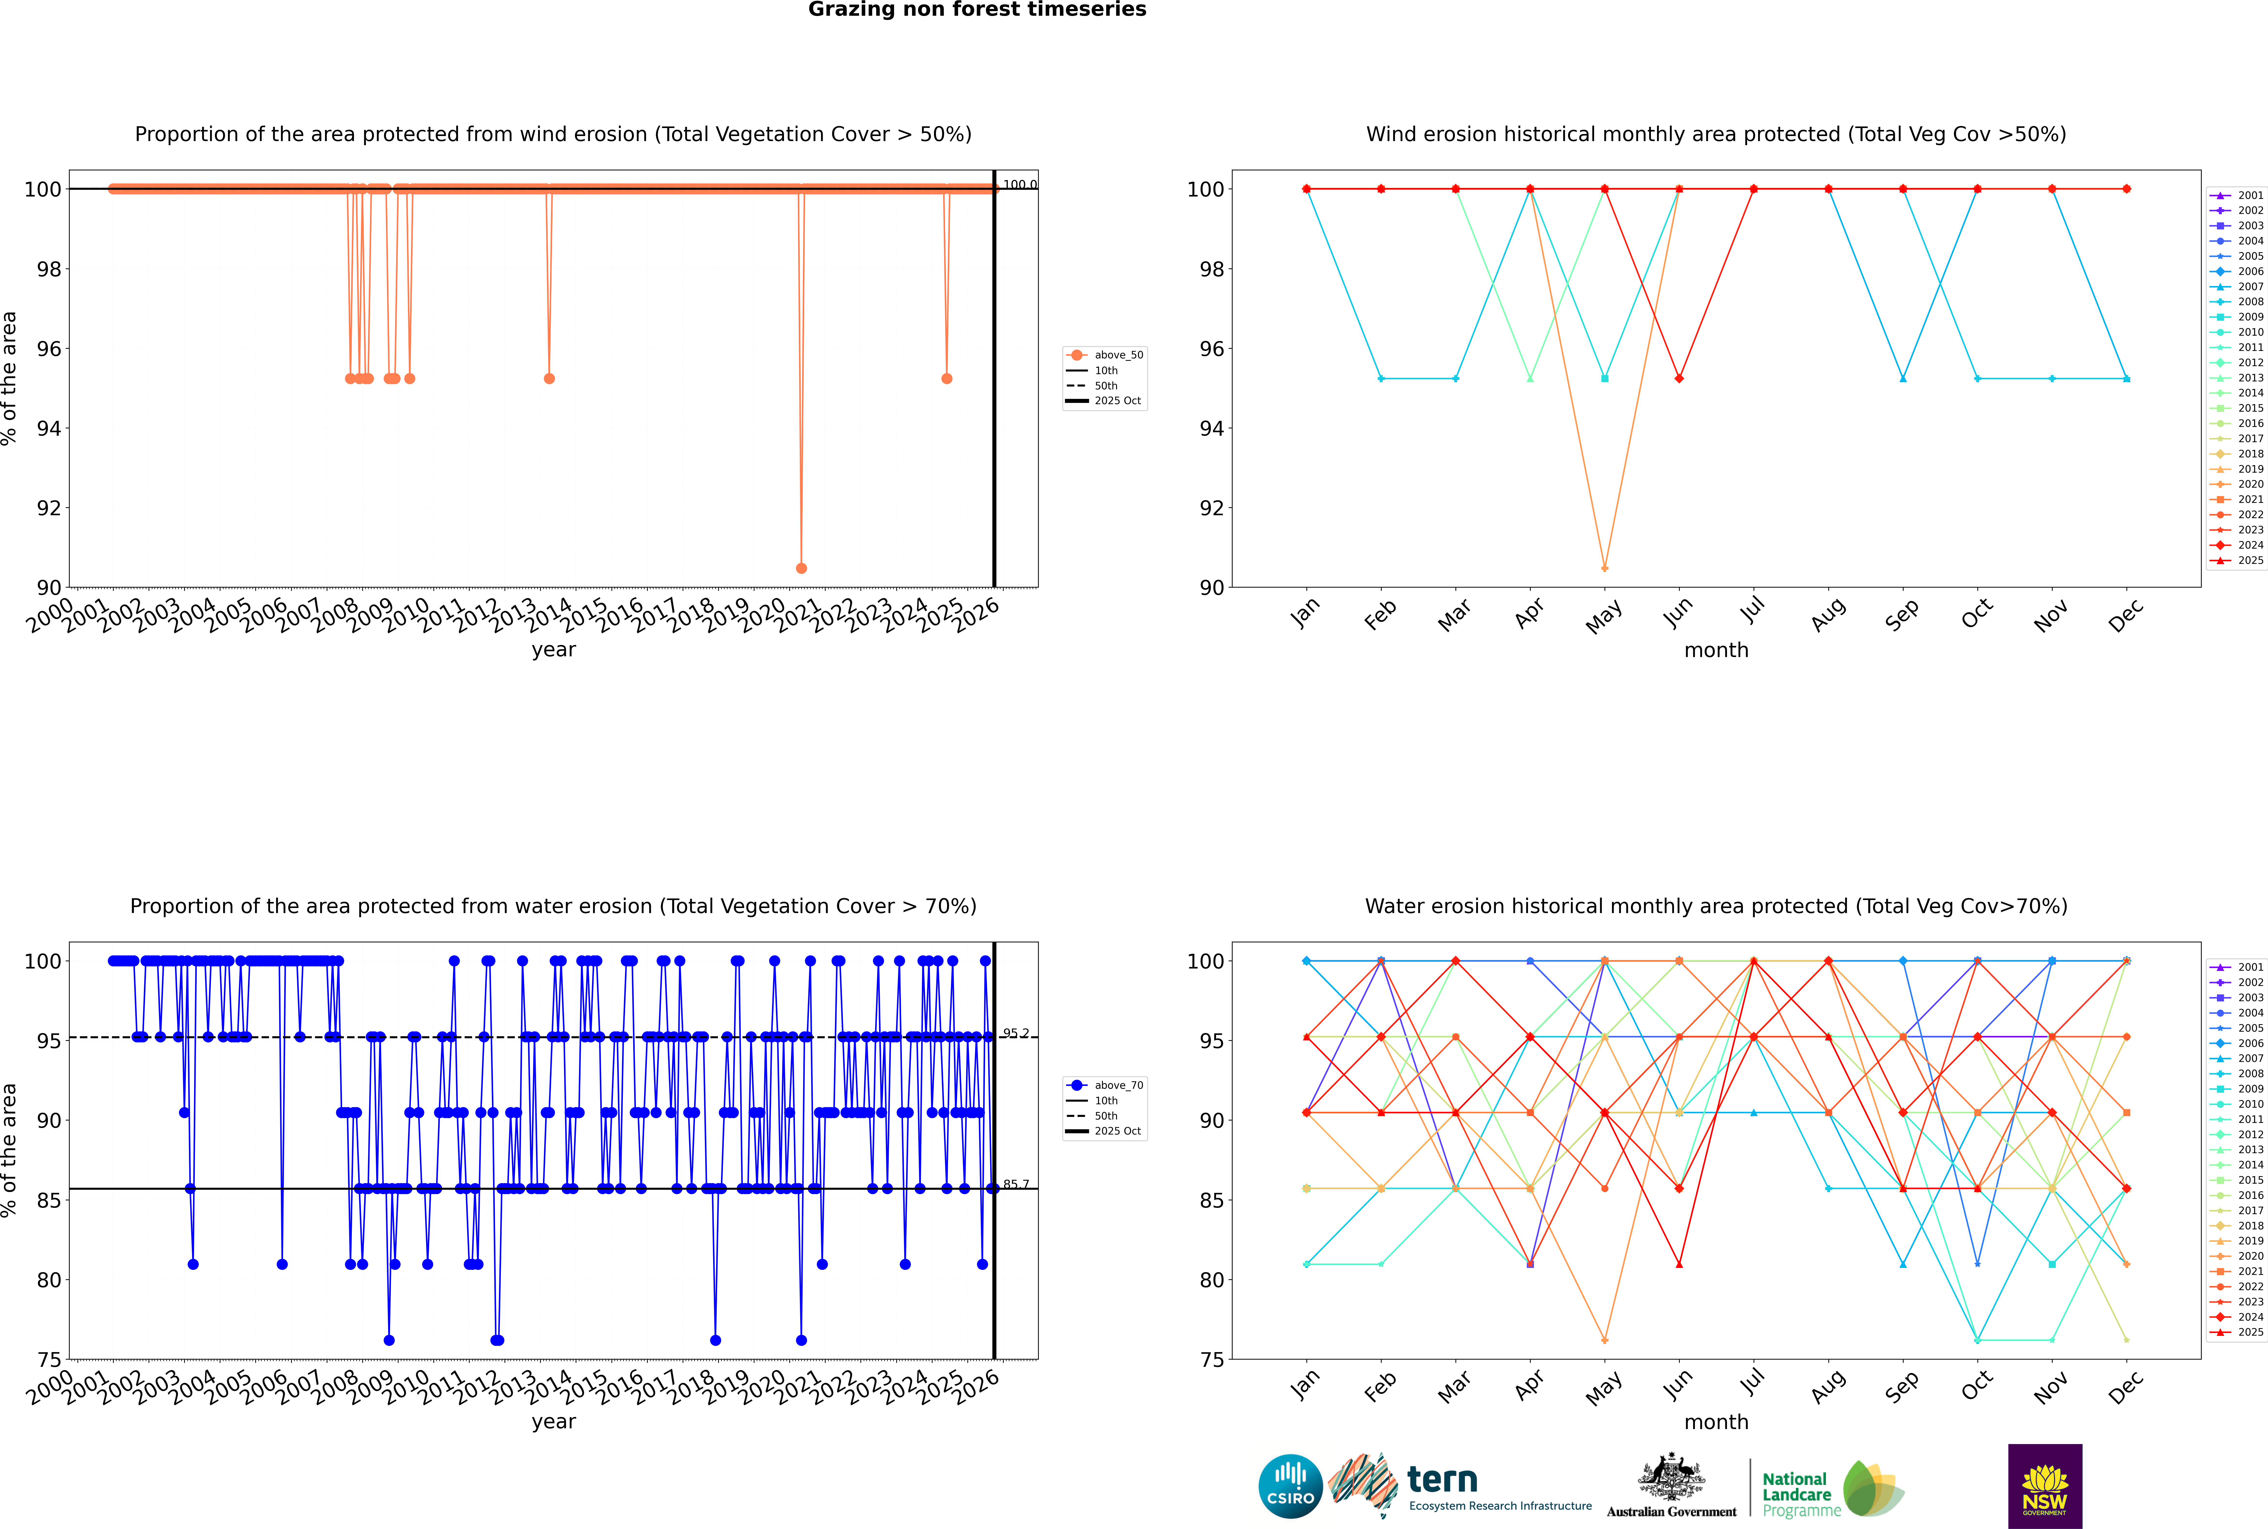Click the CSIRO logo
coord(1290,1486)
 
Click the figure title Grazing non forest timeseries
coord(977,10)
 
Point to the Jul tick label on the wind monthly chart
coord(1752,611)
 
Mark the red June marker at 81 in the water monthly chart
coord(1679,1265)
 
